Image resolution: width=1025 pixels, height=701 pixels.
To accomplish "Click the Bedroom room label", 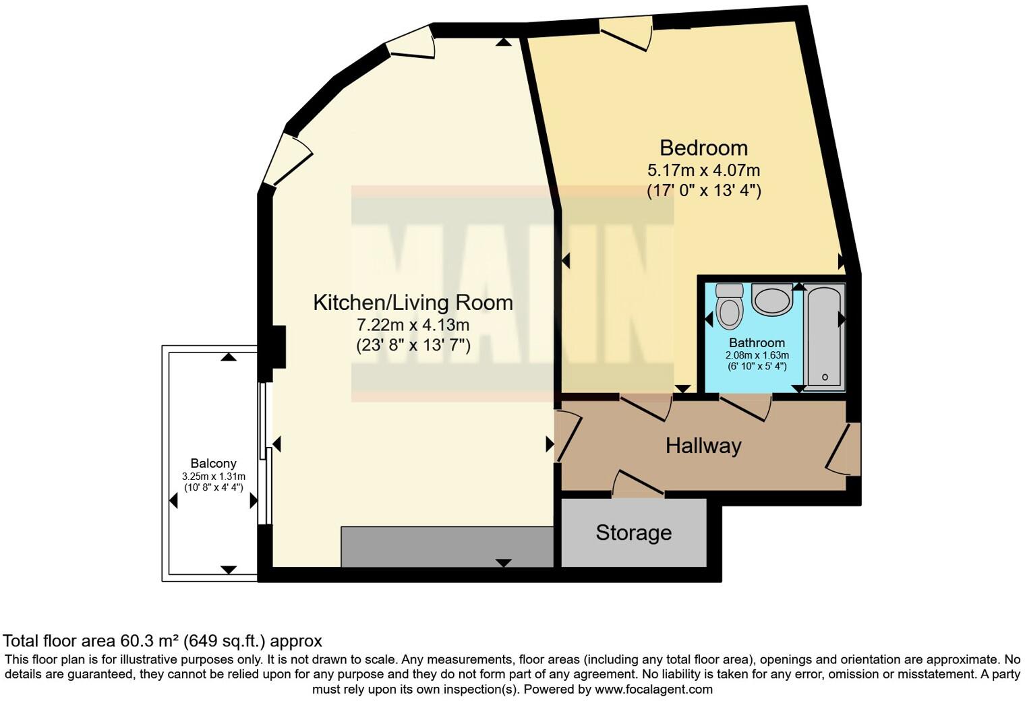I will point(703,148).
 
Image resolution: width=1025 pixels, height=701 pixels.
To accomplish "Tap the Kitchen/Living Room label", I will point(413,303).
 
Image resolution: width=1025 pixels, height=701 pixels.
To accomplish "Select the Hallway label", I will point(703,446).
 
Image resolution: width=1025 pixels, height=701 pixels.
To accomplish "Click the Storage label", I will point(633,533).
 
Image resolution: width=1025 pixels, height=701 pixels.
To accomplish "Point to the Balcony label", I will point(213,463).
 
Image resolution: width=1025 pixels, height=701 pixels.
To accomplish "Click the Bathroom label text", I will point(757,343).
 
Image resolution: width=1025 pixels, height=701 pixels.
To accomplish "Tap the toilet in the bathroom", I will point(729,307).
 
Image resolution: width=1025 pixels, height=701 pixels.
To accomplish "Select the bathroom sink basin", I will point(771,300).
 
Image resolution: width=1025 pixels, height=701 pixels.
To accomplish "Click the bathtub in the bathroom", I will point(824,337).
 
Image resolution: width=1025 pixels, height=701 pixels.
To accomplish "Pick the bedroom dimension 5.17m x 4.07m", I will point(703,171).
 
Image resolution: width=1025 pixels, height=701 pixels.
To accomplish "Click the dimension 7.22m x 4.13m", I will point(413,325).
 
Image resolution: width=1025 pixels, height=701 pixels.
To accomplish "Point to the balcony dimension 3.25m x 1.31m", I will point(213,476).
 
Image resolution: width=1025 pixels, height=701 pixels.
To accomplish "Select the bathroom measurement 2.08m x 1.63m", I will point(757,355).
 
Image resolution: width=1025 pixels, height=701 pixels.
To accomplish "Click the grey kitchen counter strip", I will point(446,547).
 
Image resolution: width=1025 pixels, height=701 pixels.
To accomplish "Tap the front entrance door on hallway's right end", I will point(843,448).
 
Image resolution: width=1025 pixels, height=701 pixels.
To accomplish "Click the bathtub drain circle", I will point(825,377).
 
